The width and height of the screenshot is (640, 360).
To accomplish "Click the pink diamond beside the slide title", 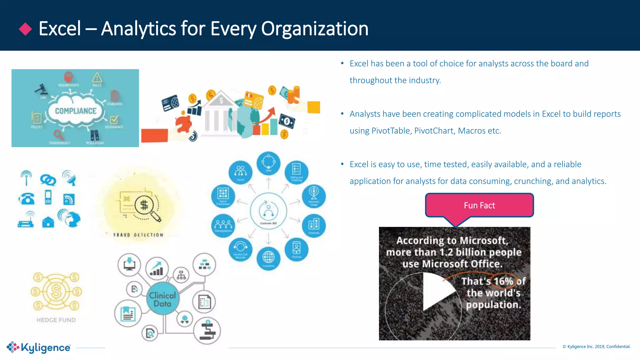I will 25,29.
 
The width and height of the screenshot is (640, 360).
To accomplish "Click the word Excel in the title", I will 60,29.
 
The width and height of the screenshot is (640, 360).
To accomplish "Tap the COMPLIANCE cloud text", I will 76,111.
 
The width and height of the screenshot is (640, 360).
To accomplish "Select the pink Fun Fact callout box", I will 479,205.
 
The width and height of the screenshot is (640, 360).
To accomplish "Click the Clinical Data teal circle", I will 162,299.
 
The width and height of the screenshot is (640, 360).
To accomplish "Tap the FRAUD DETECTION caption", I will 138,235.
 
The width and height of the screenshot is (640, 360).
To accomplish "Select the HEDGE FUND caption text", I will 56,320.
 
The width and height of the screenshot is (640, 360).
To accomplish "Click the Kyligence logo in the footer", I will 39,347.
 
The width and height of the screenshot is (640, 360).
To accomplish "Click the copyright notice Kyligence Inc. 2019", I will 596,347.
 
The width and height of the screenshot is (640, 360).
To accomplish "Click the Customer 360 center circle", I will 268,211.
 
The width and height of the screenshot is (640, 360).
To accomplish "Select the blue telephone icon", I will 27,198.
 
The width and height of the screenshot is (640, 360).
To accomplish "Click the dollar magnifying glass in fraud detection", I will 145,206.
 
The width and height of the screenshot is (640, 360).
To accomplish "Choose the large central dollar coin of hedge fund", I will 56,291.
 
